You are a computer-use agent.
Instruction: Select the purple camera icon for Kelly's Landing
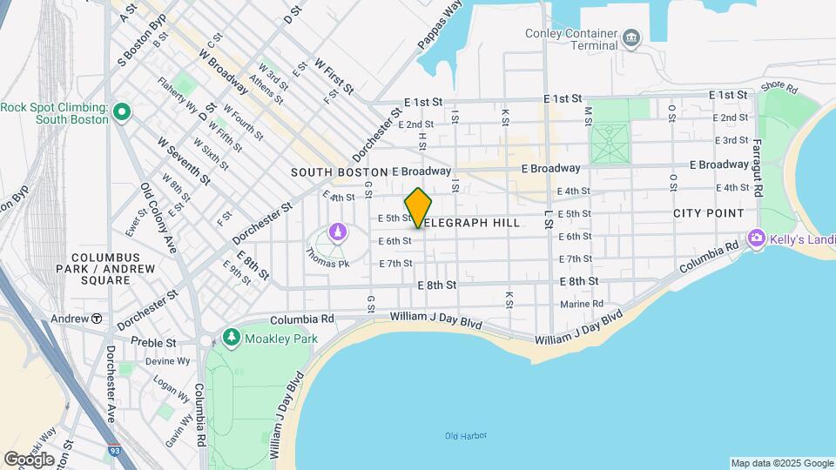coord(756,238)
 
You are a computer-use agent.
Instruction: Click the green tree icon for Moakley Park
coord(232,337)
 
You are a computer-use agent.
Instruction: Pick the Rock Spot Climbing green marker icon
coord(122,112)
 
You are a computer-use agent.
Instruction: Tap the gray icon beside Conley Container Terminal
coord(631,39)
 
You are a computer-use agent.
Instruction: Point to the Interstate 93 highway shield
coord(115,451)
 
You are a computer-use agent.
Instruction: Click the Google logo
coord(29,459)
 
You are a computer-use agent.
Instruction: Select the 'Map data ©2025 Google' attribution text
coord(781,463)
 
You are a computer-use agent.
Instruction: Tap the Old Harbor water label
coord(465,435)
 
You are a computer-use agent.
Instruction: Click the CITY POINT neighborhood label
coord(708,213)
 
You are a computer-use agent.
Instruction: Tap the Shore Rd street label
coord(779,87)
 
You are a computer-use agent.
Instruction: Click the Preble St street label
coord(153,343)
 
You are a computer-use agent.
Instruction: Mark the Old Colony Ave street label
coord(158,218)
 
